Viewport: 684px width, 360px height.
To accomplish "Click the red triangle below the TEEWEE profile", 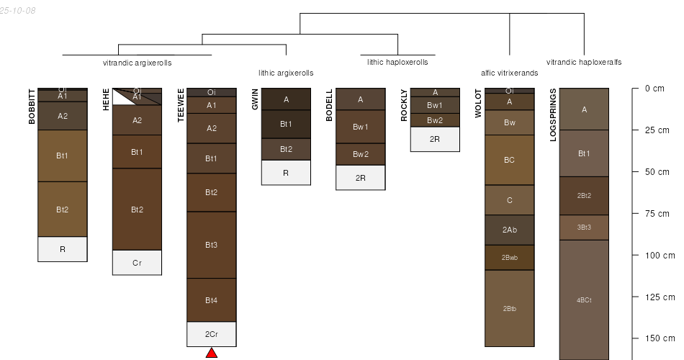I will click(212, 353).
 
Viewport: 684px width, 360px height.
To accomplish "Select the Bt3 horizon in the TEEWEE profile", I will click(212, 245).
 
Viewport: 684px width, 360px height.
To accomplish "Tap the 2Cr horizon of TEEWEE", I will click(212, 334).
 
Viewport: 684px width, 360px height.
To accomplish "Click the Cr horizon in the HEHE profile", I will click(137, 263).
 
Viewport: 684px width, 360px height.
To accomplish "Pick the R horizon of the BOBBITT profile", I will click(63, 249).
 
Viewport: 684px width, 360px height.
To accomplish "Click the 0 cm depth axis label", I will click(654, 89).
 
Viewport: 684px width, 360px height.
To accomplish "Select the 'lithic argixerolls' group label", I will click(286, 73).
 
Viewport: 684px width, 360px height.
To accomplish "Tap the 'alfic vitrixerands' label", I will click(509, 73).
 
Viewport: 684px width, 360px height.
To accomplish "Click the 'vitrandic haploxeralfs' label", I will click(584, 62).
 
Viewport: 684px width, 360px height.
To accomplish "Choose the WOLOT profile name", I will click(478, 104).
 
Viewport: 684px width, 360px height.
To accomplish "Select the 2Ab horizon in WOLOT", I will click(510, 230).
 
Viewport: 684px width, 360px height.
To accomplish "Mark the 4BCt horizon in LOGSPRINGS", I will click(584, 300).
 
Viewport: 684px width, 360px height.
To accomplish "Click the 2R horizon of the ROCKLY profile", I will click(435, 139).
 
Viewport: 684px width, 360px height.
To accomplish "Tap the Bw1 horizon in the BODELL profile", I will click(360, 127).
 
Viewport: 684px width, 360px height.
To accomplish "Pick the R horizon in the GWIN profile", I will click(286, 173).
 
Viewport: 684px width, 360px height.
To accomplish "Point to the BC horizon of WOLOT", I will click(510, 160).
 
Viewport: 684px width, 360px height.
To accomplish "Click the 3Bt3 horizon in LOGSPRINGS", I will click(584, 228).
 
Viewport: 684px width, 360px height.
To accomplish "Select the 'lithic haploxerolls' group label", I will click(397, 62).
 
